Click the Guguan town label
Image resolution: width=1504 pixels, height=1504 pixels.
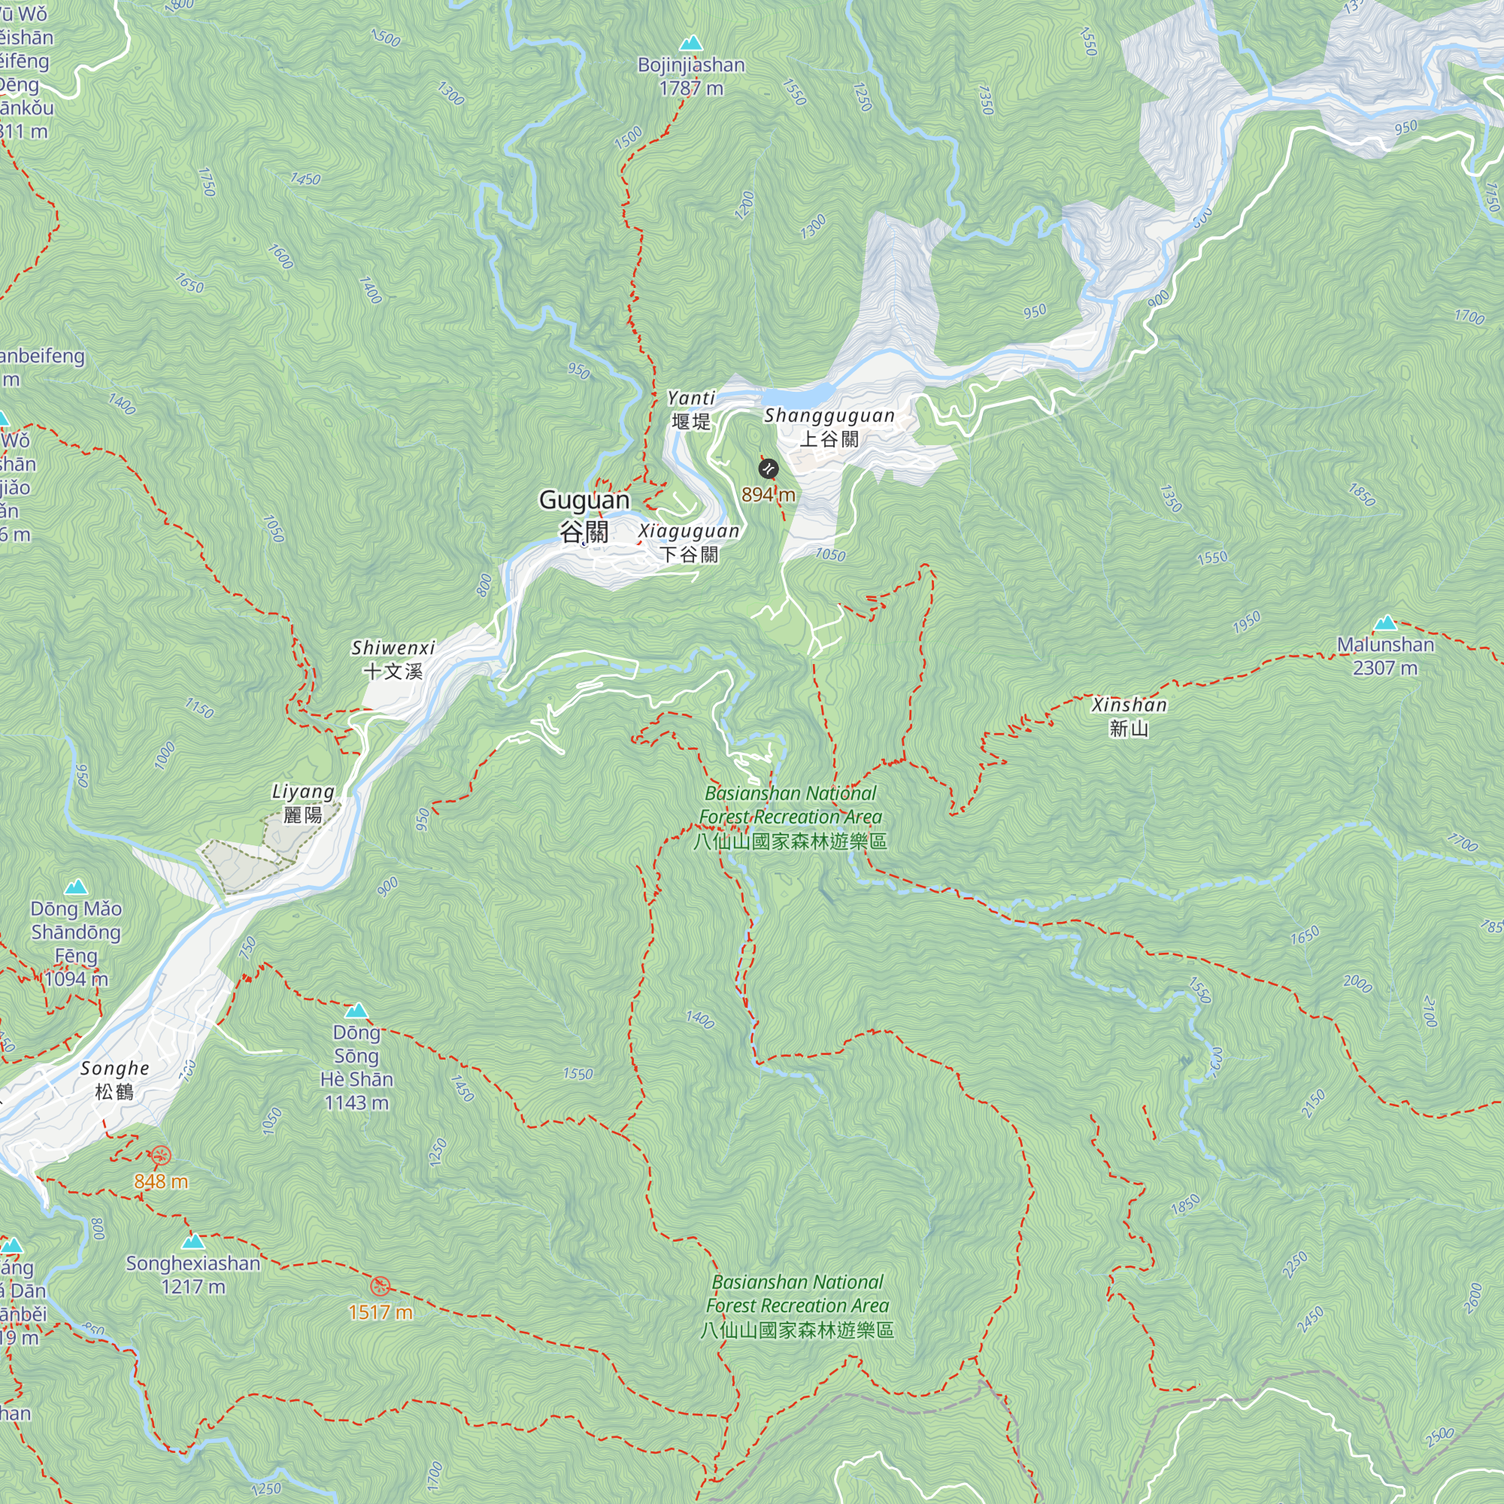coord(584,514)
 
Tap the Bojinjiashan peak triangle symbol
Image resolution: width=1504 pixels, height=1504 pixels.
coord(690,44)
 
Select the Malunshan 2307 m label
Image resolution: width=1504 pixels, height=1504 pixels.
coord(1385,656)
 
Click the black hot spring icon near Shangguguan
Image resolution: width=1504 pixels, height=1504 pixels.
coord(768,468)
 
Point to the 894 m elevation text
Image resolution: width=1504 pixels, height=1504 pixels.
coord(768,494)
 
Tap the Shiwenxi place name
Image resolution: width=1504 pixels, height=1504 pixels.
coord(393,659)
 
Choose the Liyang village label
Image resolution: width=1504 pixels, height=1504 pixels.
coord(303,802)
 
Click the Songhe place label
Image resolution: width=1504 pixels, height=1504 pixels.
coord(114,1079)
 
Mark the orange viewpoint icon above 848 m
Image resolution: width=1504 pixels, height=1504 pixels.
coord(160,1155)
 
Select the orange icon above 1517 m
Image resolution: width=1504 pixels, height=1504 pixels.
coord(380,1285)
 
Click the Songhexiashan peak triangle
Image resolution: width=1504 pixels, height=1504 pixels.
coord(193,1241)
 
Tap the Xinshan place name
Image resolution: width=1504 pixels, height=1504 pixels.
coord(1129,716)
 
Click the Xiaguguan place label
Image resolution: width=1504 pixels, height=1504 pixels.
coord(689,541)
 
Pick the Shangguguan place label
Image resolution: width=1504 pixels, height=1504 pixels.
coord(829,426)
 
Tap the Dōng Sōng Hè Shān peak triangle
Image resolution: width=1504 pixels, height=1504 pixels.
coord(356,1011)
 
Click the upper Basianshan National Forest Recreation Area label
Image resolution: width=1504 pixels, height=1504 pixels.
coord(790,817)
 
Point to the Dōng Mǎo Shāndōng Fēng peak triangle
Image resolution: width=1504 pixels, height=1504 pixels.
coord(75,887)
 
